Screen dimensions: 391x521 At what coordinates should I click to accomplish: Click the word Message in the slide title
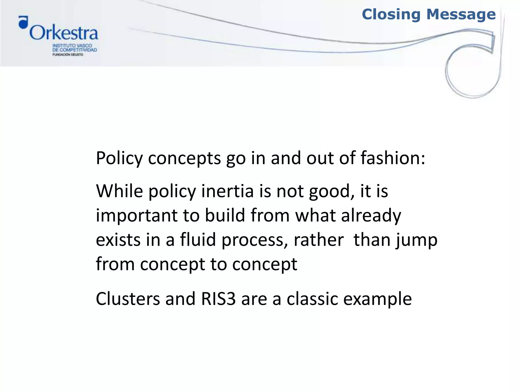tap(461, 15)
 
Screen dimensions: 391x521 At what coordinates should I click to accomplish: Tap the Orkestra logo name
tap(64, 33)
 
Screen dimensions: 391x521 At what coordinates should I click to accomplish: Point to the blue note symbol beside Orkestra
tap(23, 22)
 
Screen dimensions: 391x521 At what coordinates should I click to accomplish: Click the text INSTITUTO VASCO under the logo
tap(72, 46)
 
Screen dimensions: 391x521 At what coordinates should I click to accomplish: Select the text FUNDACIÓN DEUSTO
tap(68, 54)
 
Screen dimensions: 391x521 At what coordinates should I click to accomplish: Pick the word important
tap(136, 216)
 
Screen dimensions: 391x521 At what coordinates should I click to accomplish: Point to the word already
tap(371, 216)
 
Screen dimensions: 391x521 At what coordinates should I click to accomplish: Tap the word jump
tap(416, 240)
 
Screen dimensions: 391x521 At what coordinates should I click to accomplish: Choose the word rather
tap(319, 240)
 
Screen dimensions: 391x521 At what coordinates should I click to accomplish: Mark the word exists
tap(118, 240)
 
